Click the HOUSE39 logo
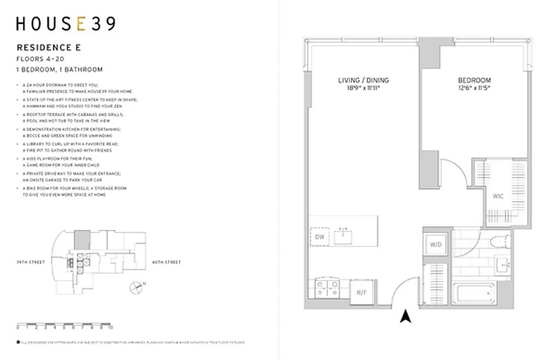coord(66,24)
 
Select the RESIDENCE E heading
coord(49,48)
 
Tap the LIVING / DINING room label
coord(363,80)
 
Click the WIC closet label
coord(498,196)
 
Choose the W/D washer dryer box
coord(435,245)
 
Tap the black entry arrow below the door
coord(406,317)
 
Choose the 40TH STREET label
coord(167,262)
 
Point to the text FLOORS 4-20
coord(36,59)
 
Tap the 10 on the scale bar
coord(110,328)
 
